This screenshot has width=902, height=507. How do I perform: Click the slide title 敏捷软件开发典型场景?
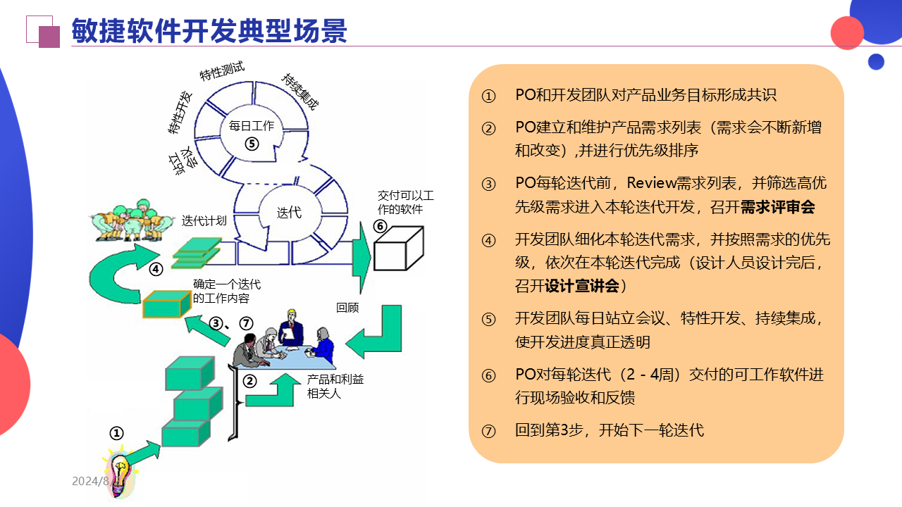(209, 31)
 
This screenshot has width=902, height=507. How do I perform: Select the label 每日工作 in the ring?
(252, 127)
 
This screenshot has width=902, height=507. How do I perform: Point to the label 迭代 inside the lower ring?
(289, 212)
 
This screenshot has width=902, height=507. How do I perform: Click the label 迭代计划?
(204, 220)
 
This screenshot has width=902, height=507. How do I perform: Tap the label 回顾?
(347, 307)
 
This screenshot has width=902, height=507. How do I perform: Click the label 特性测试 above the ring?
(222, 71)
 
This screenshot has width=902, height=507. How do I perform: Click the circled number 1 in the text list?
(489, 96)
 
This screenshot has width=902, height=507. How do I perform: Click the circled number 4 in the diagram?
(156, 269)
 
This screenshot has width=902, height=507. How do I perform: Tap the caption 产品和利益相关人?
(335, 387)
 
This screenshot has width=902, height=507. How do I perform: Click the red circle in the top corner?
(847, 32)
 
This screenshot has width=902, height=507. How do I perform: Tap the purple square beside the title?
(49, 37)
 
